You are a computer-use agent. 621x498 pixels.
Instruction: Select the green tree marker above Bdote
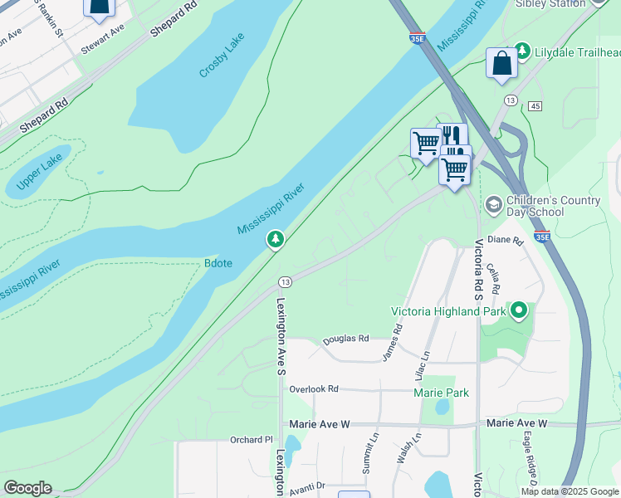coord(276,240)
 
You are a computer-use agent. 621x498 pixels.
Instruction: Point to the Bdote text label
coord(219,264)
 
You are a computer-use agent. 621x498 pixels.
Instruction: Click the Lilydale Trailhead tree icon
coord(522,51)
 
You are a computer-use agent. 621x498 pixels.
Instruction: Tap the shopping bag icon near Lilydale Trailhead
coord(502,63)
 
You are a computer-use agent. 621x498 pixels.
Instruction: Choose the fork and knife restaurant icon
coord(452,136)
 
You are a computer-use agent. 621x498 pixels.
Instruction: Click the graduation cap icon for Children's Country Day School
coord(494,204)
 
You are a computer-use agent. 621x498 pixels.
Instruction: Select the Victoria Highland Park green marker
coord(520,311)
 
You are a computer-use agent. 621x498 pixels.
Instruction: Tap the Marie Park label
coord(442,393)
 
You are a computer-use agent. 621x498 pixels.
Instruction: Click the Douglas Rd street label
coord(345,338)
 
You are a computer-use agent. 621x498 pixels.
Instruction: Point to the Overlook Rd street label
coord(314,388)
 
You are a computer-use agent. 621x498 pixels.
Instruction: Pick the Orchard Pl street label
coord(252,439)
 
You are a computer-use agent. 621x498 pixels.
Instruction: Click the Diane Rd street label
coord(505,240)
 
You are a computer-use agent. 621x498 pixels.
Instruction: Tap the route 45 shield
coord(535,106)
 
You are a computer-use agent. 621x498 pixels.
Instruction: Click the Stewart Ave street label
coord(103,39)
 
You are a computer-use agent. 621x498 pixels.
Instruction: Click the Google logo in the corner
coord(27,488)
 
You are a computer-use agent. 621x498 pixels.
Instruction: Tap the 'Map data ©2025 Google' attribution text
coord(570,491)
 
